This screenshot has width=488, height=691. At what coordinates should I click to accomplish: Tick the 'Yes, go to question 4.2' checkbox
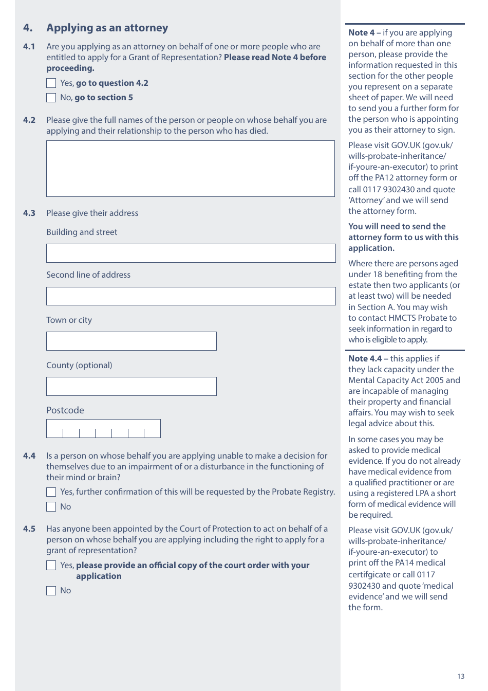click(x=51, y=83)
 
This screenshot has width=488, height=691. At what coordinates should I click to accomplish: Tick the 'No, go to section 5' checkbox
click(x=51, y=98)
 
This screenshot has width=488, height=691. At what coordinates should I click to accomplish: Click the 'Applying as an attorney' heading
click(x=107, y=28)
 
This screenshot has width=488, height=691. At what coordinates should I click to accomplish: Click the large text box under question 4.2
click(x=191, y=169)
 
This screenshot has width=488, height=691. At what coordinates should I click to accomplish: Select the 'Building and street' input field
click(x=191, y=253)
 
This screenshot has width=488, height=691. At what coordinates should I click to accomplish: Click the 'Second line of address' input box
click(x=191, y=296)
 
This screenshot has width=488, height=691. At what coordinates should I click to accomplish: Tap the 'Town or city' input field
click(x=132, y=341)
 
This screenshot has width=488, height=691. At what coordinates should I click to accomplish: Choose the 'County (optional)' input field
click(x=132, y=387)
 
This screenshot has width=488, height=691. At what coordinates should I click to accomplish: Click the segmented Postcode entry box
click(x=103, y=429)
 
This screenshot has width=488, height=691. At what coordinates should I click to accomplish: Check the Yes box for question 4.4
click(x=51, y=492)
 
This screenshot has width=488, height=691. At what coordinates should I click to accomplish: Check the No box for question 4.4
click(x=51, y=507)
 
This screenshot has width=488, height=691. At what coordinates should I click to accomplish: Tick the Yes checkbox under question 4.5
click(x=51, y=566)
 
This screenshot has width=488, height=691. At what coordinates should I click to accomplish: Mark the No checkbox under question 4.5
click(x=51, y=591)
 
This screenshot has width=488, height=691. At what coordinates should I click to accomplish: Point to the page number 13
click(x=461, y=677)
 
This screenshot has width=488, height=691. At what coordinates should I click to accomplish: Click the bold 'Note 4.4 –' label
click(x=368, y=358)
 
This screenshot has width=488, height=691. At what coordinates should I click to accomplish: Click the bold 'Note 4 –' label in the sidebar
click(x=364, y=32)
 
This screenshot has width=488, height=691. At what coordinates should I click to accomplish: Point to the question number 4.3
click(x=29, y=213)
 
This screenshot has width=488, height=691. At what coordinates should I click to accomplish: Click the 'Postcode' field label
click(x=65, y=410)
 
